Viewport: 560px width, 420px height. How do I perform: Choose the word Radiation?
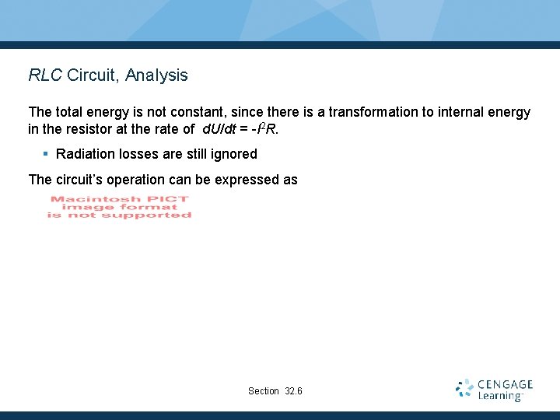tap(86, 154)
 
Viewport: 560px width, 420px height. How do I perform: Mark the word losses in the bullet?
tap(140, 154)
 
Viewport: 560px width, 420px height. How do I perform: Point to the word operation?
tap(141, 180)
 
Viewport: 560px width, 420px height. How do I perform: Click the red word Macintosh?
tap(81, 199)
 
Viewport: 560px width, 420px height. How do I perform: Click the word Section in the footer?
tap(263, 390)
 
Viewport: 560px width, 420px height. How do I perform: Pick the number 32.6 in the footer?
tap(294, 390)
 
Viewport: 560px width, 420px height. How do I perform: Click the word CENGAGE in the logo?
tap(506, 384)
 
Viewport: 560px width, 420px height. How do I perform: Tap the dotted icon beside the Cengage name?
tap(465, 388)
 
